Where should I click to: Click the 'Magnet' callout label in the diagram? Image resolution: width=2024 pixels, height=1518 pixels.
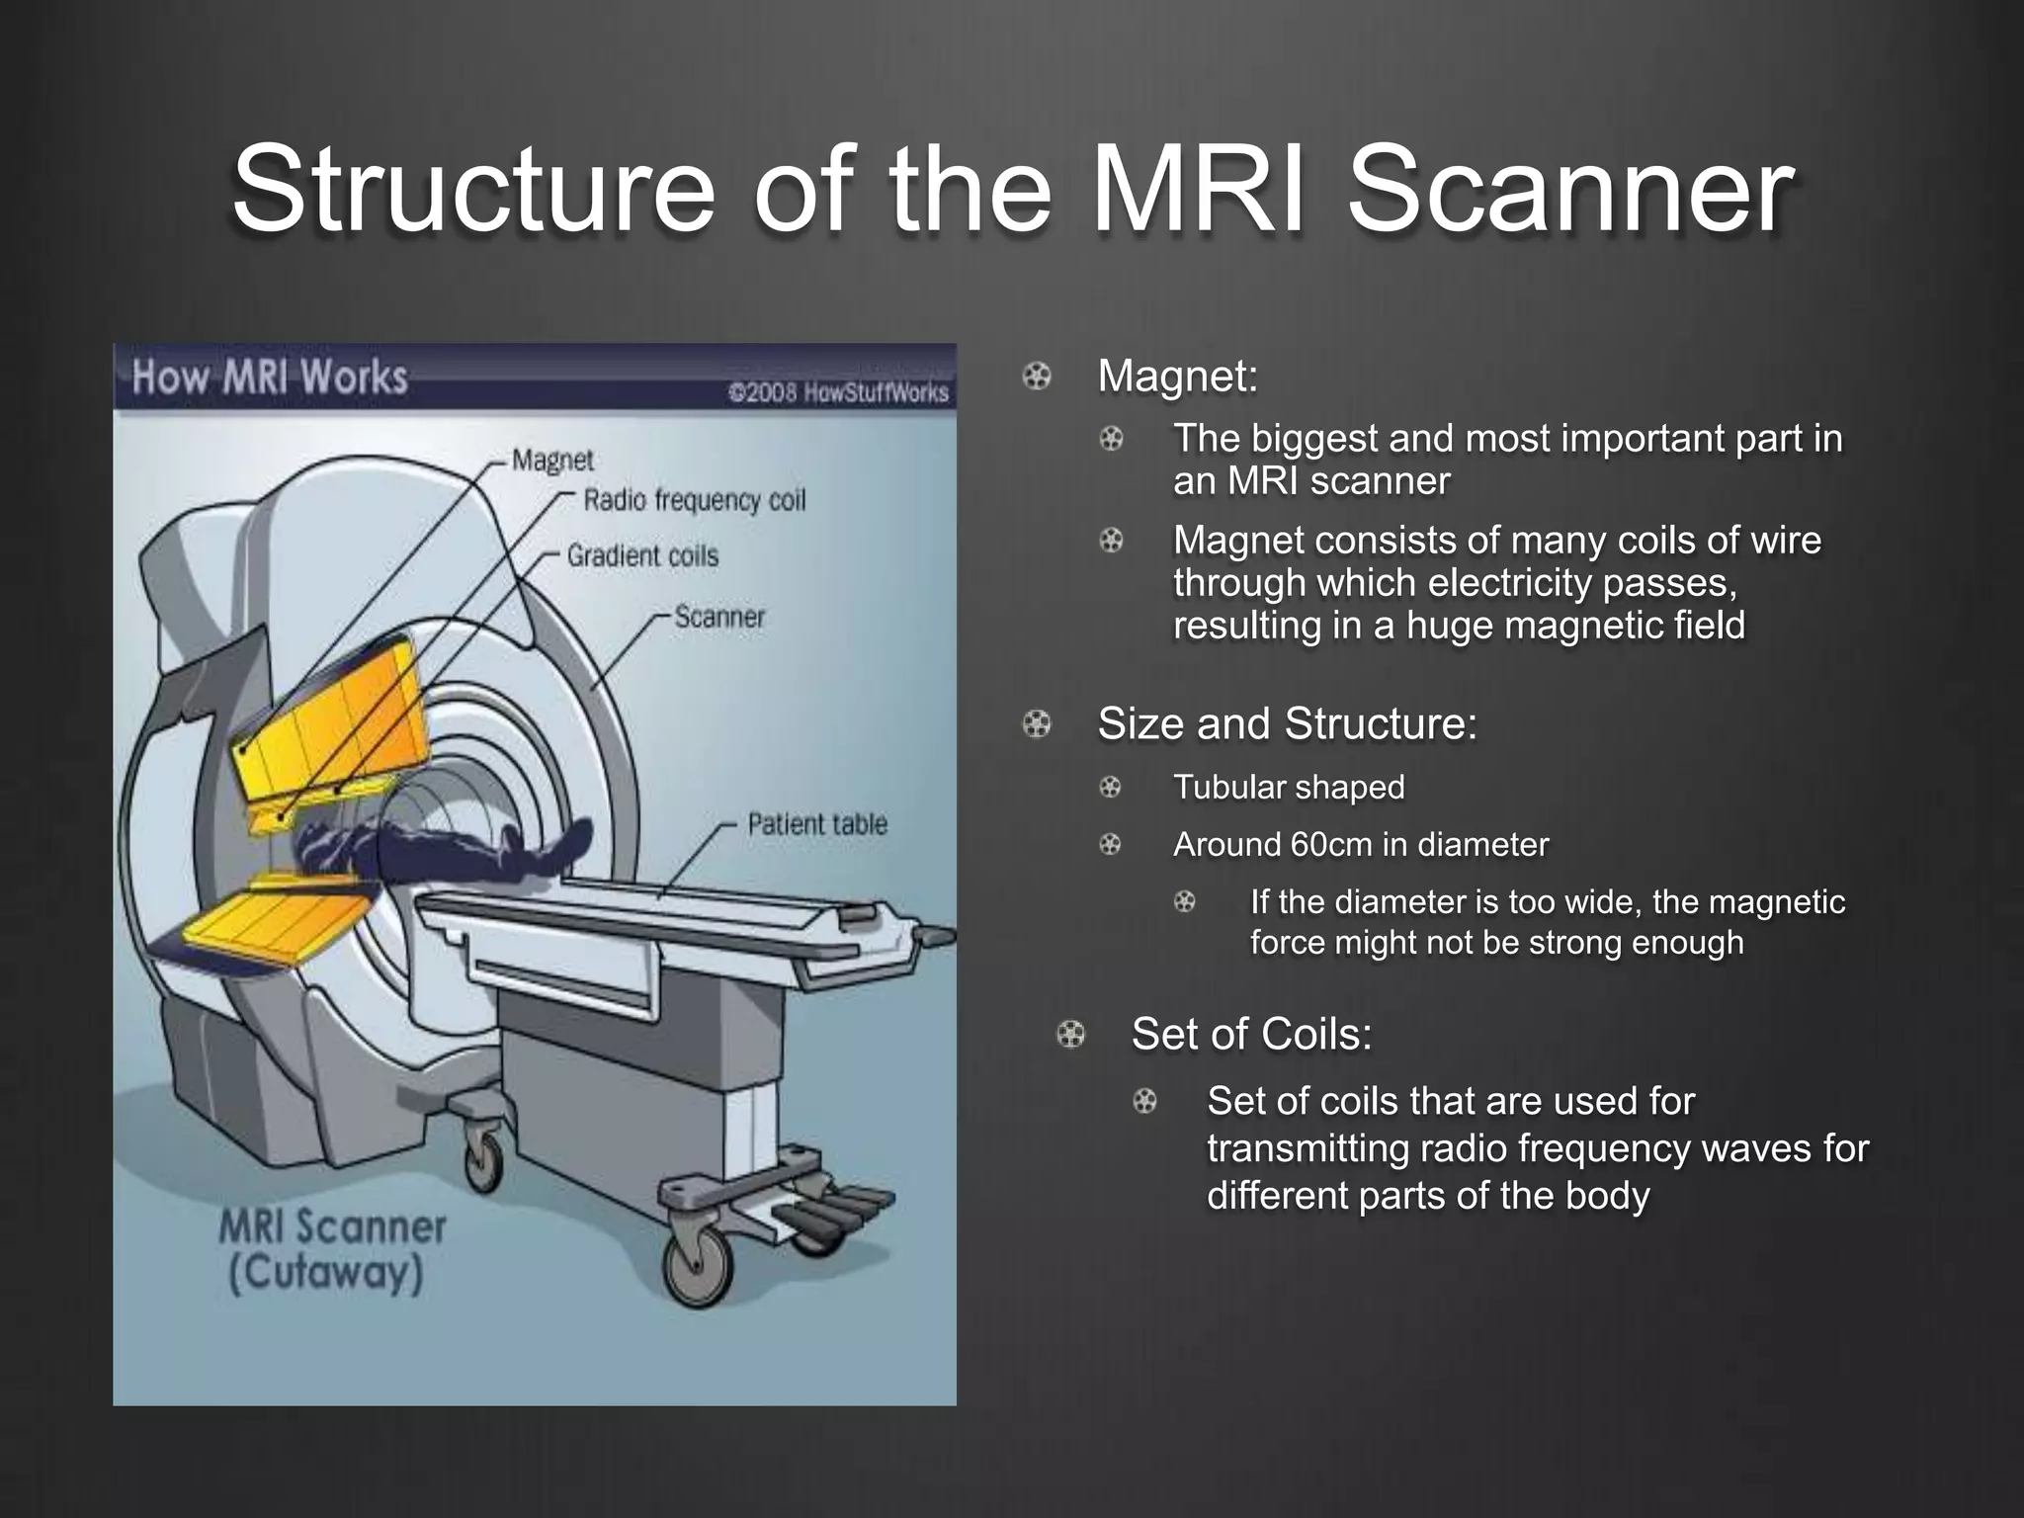552,461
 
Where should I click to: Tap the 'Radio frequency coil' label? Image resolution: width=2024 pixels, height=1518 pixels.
694,500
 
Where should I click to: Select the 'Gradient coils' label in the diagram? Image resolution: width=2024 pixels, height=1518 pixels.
642,556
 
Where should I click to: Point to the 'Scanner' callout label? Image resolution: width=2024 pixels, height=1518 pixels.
719,618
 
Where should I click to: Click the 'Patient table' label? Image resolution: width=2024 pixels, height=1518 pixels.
816,824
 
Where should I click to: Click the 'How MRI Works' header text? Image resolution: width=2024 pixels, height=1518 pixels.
269,378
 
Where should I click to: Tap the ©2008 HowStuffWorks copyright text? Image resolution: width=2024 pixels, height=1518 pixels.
838,392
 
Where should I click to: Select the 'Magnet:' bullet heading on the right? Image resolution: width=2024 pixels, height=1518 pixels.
1177,377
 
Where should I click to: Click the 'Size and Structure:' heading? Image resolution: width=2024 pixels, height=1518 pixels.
1287,723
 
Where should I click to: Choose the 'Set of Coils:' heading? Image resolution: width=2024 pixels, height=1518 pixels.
1251,1035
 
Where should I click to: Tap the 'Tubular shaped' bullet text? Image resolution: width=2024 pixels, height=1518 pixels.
1288,788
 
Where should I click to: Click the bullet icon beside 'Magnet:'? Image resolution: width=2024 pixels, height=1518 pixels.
1036,377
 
